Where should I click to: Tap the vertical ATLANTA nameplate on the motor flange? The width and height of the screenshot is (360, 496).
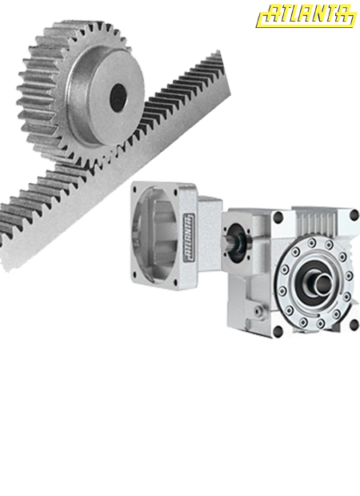pos(187,238)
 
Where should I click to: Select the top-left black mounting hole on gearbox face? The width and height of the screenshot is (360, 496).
pos(278,218)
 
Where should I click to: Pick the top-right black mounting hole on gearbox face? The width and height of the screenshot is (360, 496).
pos(353,214)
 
